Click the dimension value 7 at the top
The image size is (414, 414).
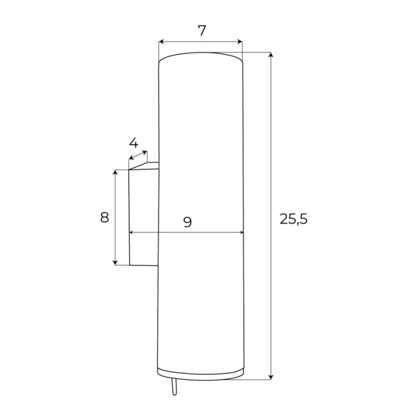tap(201, 30)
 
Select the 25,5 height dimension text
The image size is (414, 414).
tap(294, 219)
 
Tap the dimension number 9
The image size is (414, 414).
tap(188, 222)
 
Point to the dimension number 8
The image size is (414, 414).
tap(104, 217)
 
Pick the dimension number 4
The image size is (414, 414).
tap(134, 143)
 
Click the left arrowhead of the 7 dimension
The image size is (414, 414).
tap(161, 41)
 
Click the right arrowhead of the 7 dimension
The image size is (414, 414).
tap(240, 41)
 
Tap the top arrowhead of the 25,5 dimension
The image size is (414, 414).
tap(270, 55)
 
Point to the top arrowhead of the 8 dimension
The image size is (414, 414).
tap(115, 172)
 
